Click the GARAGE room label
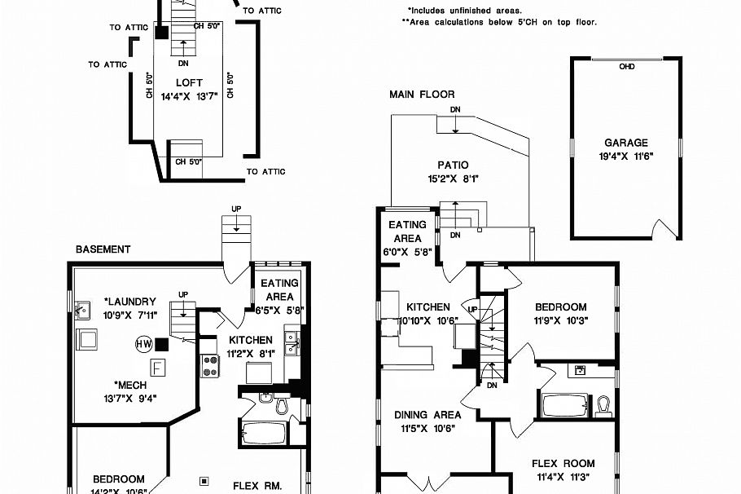[626, 143]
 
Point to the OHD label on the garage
[626, 67]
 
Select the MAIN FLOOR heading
[422, 95]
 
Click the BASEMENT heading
[103, 249]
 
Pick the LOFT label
[189, 83]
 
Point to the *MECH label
[129, 386]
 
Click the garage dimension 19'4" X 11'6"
[626, 156]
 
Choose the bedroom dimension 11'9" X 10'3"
[560, 320]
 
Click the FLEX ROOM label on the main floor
[563, 464]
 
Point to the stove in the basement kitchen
[209, 366]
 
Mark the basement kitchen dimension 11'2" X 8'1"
[251, 353]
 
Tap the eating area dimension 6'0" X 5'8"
[407, 252]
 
